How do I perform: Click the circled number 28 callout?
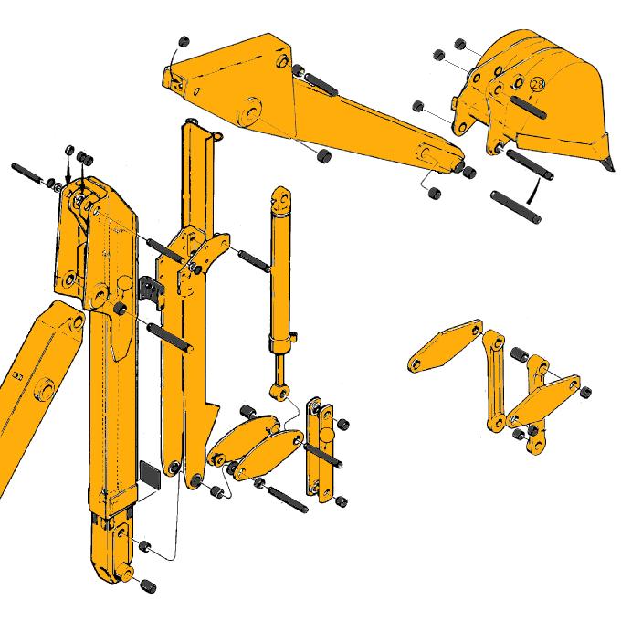537,85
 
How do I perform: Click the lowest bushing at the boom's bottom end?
147,584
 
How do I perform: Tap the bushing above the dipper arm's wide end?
182,41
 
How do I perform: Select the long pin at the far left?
32,174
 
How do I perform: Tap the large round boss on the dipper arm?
248,113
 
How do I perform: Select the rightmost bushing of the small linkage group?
584,391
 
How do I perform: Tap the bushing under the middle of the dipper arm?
323,157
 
